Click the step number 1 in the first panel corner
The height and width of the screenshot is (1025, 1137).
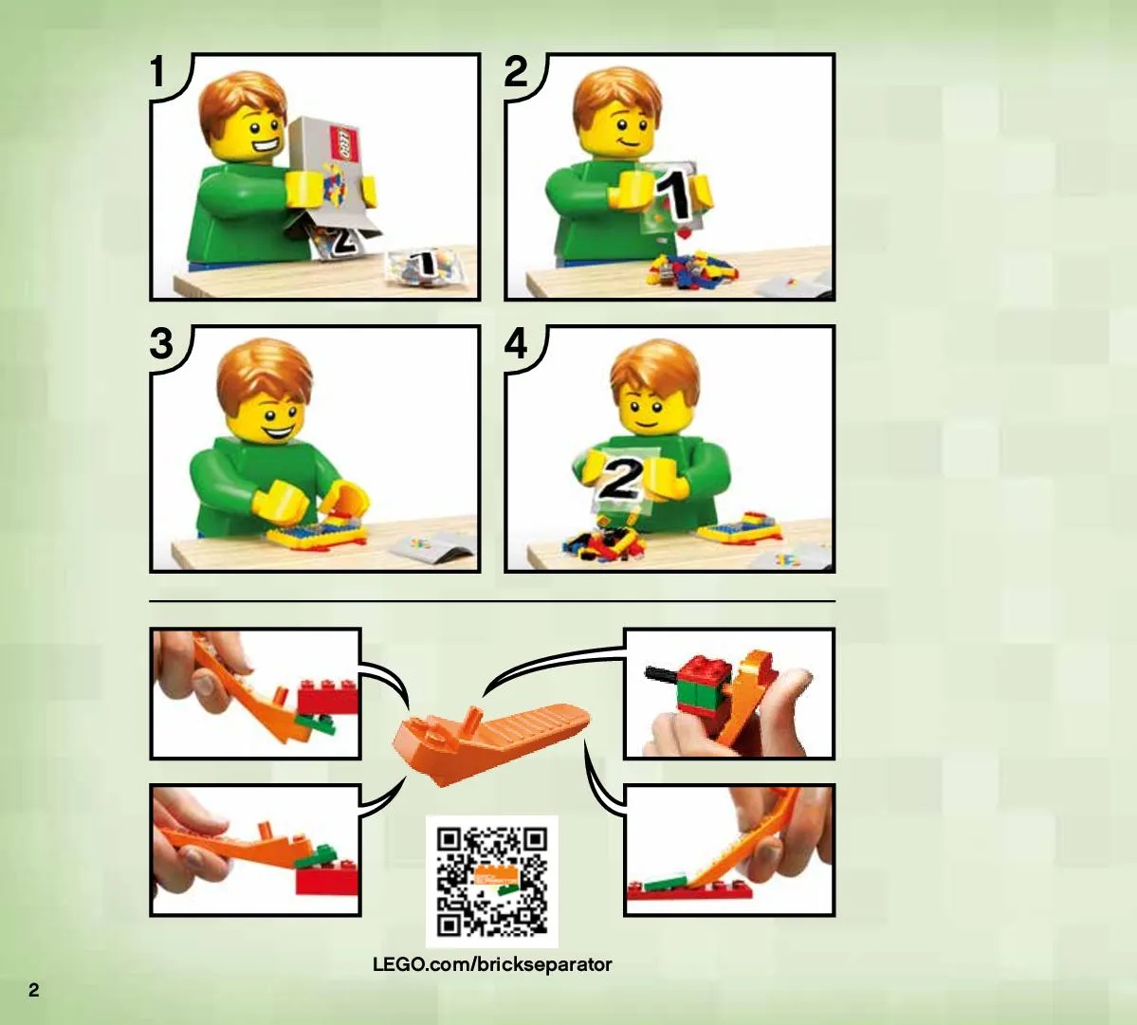click(158, 72)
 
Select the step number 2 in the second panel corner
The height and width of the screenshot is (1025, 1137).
click(516, 72)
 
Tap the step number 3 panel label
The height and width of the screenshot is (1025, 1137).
click(162, 343)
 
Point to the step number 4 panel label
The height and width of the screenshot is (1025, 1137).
click(516, 343)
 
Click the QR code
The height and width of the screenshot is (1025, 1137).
click(491, 882)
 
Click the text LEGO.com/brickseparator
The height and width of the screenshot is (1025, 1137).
click(492, 964)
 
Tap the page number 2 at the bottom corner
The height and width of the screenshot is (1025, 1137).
click(33, 990)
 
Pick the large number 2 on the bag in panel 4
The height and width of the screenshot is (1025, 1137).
click(620, 479)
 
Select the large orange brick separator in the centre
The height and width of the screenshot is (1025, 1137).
click(491, 743)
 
